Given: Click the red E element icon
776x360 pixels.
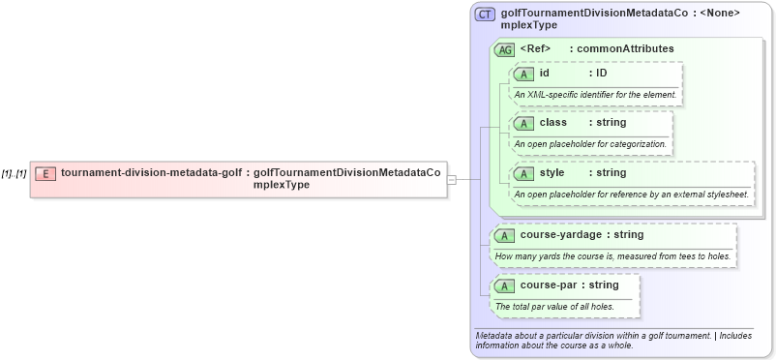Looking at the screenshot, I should (45, 173).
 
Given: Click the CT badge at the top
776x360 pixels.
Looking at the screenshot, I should (485, 15).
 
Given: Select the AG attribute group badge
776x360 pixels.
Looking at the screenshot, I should (505, 49).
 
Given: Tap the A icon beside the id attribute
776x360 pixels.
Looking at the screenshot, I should (524, 73).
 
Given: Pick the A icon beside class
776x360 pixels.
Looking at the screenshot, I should (524, 123).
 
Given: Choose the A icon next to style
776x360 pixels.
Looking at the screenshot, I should (524, 173).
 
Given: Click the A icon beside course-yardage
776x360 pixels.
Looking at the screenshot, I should (506, 234).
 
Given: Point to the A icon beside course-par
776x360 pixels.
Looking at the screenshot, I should (506, 285).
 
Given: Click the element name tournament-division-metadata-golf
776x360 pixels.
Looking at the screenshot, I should (151, 173).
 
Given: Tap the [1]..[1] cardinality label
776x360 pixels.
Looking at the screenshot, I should (14, 174).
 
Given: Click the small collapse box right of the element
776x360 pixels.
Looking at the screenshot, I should (451, 179).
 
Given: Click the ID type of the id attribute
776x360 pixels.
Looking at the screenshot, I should (601, 73).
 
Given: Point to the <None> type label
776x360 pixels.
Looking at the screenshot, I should (720, 13).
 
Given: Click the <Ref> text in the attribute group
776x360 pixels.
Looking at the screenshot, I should (535, 48).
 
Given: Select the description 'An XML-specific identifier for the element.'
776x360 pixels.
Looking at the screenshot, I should (595, 94).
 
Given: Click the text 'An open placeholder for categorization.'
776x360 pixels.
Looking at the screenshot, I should (590, 144).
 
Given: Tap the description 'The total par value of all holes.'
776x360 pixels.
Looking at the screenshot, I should (554, 307).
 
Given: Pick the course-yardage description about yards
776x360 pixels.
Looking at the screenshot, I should (612, 255).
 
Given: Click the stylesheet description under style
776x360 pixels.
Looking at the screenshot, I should (631, 195).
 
